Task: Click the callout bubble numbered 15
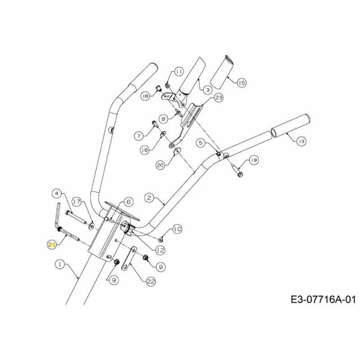click(241, 83)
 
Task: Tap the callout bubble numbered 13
click(301, 141)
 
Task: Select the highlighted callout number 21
click(52, 245)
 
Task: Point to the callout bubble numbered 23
click(218, 98)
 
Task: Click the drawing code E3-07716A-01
click(323, 299)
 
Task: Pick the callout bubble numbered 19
click(254, 160)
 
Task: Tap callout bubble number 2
click(149, 198)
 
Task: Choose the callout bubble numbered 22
click(151, 282)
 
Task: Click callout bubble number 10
click(177, 229)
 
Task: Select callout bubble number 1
click(60, 264)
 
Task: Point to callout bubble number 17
click(77, 202)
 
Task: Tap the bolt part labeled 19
click(237, 171)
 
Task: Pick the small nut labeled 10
click(161, 240)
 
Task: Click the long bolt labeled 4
click(76, 217)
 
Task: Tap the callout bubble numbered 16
click(145, 150)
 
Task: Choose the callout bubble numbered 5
click(201, 143)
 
